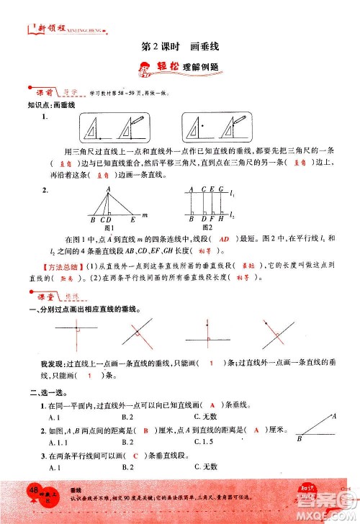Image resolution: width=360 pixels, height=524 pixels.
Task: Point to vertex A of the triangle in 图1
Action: [109, 190]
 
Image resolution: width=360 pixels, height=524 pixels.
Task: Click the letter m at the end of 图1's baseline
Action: [145, 214]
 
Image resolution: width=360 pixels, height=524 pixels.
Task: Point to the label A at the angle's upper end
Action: [334, 415]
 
